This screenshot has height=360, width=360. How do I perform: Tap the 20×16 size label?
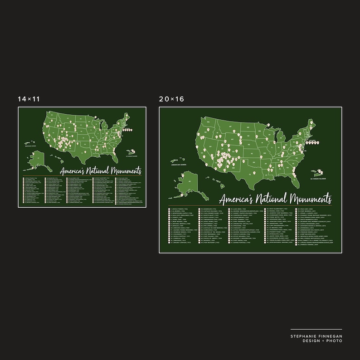coord(171,98)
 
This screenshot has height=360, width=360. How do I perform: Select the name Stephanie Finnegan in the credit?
coord(316,336)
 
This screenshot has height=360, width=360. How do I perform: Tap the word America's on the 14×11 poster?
coord(75,171)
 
